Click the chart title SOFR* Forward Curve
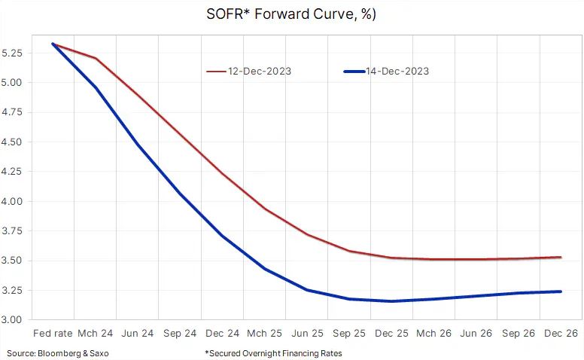tap(292, 14)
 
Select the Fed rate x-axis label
tap(53, 333)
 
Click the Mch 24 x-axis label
tap(96, 333)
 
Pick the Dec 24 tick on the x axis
tap(223, 333)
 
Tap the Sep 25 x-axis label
tap(350, 333)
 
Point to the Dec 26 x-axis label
tap(561, 333)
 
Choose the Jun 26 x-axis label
tap(476, 333)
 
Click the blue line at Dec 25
tap(392, 301)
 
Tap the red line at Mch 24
tap(96, 58)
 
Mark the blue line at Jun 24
tap(138, 145)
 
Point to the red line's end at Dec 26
tap(561, 257)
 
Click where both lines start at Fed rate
tap(53, 44)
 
